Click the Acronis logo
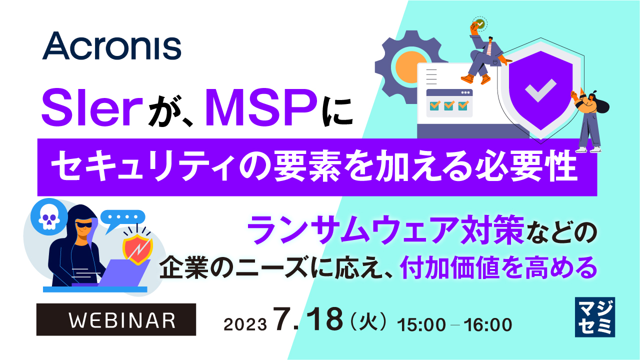(111, 46)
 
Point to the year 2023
(244, 324)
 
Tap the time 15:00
(420, 324)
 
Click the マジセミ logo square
(594, 317)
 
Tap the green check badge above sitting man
(480, 23)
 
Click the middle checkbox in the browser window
(449, 105)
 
